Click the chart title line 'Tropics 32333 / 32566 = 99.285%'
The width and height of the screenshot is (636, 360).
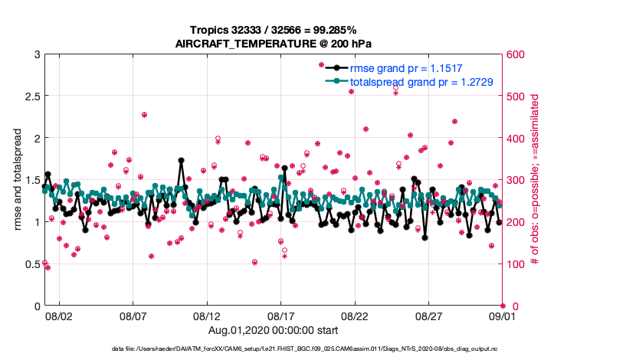click(274, 29)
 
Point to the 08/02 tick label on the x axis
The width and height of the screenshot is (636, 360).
click(58, 316)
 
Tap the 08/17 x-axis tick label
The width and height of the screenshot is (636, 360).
click(280, 316)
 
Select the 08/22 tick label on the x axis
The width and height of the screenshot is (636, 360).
click(355, 316)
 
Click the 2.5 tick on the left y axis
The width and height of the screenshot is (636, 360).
click(28, 97)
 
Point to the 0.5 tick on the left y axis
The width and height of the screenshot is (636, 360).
click(28, 264)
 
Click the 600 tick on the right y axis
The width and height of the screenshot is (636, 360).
click(515, 54)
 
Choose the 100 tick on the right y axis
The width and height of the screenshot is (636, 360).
click(515, 264)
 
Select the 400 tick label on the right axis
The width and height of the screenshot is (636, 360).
click(515, 139)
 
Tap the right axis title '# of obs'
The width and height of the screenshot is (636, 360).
click(535, 180)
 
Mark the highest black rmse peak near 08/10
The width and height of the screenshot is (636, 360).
click(181, 161)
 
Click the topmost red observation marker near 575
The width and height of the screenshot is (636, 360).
click(322, 65)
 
